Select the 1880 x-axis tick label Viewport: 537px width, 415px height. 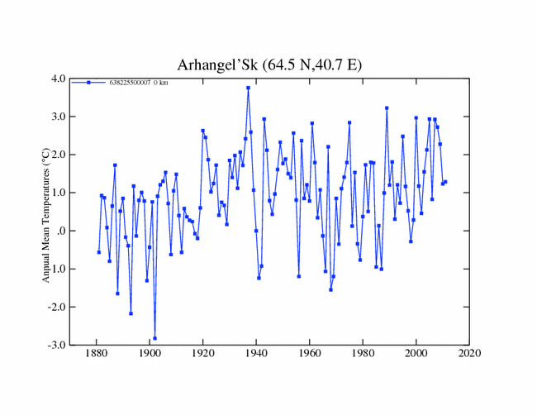96,355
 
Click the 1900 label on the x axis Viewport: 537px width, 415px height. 150,355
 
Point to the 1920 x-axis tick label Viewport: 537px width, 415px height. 202,355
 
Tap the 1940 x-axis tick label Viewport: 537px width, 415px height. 256,355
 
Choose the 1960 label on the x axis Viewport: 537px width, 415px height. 310,355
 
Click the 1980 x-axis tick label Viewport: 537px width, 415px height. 363,355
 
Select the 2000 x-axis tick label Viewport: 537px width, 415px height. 416,355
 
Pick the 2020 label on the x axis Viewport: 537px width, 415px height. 469,355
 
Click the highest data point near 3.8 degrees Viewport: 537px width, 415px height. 248,88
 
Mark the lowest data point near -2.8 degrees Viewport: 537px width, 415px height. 154,338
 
